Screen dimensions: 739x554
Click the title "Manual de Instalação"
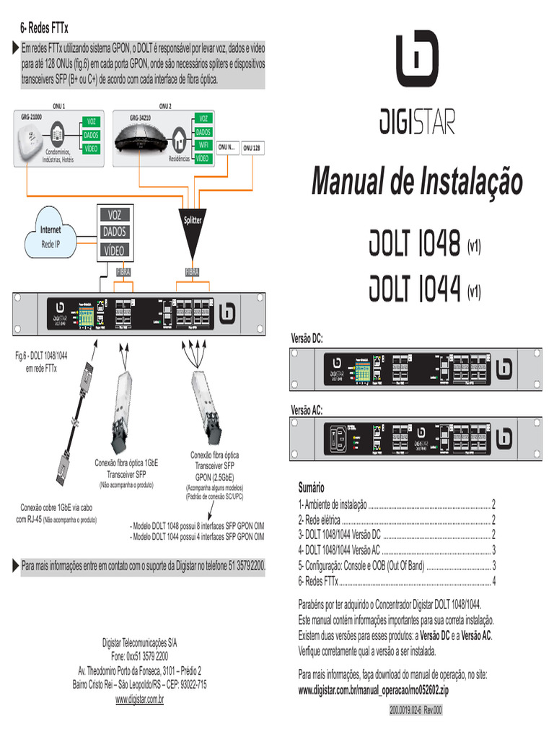click(x=416, y=181)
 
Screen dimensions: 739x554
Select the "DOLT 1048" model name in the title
click(x=415, y=246)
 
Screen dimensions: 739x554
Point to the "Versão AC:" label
click(x=307, y=410)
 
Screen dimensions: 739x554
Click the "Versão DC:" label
click(x=307, y=338)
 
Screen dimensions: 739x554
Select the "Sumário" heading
click(x=312, y=488)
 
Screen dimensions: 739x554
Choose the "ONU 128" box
click(x=252, y=147)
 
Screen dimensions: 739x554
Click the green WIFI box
click(x=203, y=145)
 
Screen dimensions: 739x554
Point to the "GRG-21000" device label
click(x=31, y=116)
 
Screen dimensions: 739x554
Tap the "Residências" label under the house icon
click(x=179, y=158)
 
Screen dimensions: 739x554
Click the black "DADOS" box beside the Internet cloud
click(x=115, y=232)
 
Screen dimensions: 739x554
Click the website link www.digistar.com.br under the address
click(x=139, y=700)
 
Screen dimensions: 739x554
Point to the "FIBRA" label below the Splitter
click(x=192, y=272)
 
